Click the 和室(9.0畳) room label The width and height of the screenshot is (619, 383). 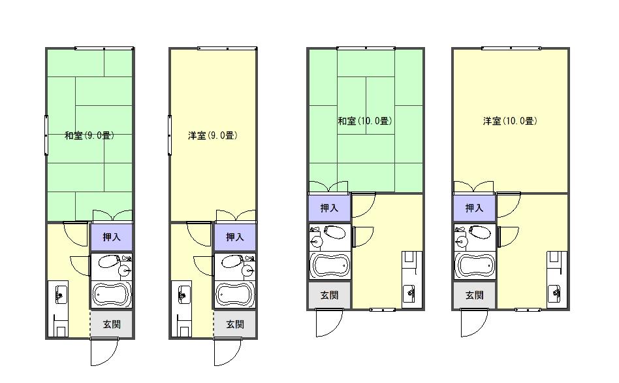89,135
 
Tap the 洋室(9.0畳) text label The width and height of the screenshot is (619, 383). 213,135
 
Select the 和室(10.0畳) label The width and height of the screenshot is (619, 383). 365,121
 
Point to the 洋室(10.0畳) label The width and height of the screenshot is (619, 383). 510,121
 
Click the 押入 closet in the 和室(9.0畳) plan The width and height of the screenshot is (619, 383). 111,237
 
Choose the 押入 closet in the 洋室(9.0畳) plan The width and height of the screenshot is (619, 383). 234,237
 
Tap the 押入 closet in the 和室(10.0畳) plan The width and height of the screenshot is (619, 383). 329,208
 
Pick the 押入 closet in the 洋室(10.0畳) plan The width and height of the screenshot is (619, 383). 474,208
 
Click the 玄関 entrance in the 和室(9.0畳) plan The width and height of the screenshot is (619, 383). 112,324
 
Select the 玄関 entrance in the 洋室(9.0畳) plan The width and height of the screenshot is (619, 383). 235,324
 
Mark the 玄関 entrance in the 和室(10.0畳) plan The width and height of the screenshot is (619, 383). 329,295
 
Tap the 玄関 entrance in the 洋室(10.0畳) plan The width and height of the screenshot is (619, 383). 474,295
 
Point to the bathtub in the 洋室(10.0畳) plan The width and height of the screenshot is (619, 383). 475,265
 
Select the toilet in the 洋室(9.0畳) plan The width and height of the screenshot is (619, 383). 232,261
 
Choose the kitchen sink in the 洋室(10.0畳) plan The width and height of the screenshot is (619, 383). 555,293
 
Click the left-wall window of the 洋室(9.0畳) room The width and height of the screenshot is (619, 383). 170,135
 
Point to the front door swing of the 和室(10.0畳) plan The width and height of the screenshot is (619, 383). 329,323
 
